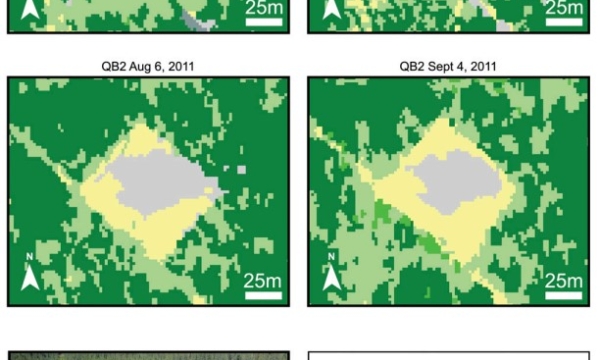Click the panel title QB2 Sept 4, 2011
click(447, 67)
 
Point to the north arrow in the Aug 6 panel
click(30, 272)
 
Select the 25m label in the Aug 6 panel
click(264, 280)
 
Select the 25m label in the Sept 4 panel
click(564, 280)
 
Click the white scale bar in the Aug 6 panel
click(264, 295)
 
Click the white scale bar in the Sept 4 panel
click(564, 295)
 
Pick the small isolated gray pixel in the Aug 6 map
click(241, 169)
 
